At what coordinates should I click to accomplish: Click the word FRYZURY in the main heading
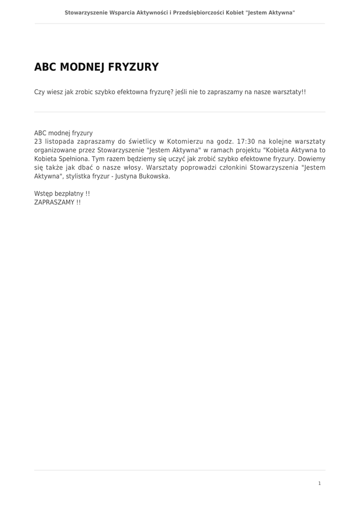[133, 67]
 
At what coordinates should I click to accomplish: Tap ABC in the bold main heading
[44, 67]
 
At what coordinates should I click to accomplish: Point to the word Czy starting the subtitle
[39, 92]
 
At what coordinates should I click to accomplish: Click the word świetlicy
[143, 141]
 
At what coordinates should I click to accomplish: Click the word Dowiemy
[312, 159]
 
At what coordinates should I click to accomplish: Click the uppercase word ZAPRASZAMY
[54, 202]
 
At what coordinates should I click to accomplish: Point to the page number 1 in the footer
[319, 483]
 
